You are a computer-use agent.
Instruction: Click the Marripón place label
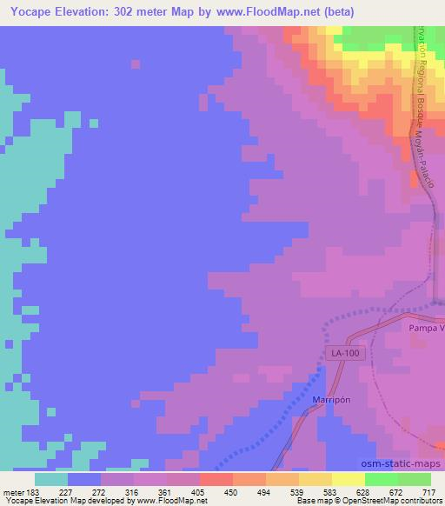click(330, 400)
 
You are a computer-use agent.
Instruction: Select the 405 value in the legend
click(197, 492)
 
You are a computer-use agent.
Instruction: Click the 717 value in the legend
click(428, 492)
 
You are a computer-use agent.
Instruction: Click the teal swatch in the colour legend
click(51, 479)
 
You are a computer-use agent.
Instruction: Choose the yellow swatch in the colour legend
click(349, 479)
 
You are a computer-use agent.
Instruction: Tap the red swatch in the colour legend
click(216, 479)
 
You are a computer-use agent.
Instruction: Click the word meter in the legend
click(12, 492)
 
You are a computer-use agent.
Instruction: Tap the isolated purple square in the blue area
click(135, 63)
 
